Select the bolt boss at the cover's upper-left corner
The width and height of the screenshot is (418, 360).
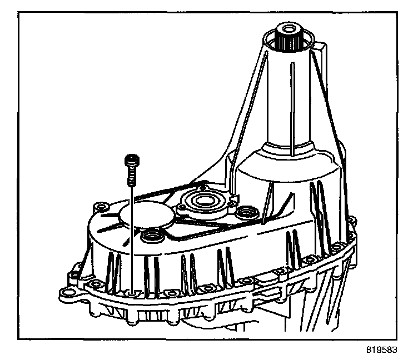click(101, 207)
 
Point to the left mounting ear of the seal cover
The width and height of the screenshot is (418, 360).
click(179, 206)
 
